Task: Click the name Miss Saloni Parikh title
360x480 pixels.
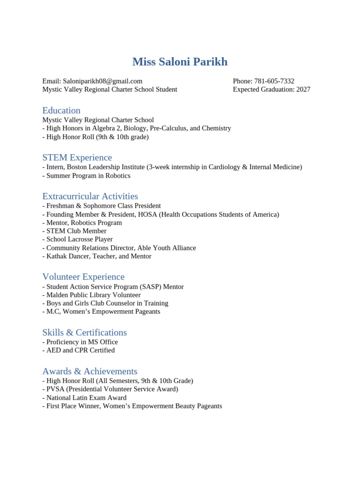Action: tap(180, 62)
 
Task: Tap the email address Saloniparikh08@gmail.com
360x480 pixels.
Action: tap(102, 81)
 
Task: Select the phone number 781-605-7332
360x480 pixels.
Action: tap(274, 81)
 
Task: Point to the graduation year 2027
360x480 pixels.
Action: tap(303, 90)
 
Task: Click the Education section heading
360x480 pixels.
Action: tap(61, 111)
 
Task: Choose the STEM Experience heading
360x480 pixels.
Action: tap(77, 157)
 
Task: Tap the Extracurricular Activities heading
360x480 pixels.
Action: tap(90, 196)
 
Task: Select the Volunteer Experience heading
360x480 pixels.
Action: tap(83, 277)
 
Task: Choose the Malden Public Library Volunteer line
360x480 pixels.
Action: tap(91, 295)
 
